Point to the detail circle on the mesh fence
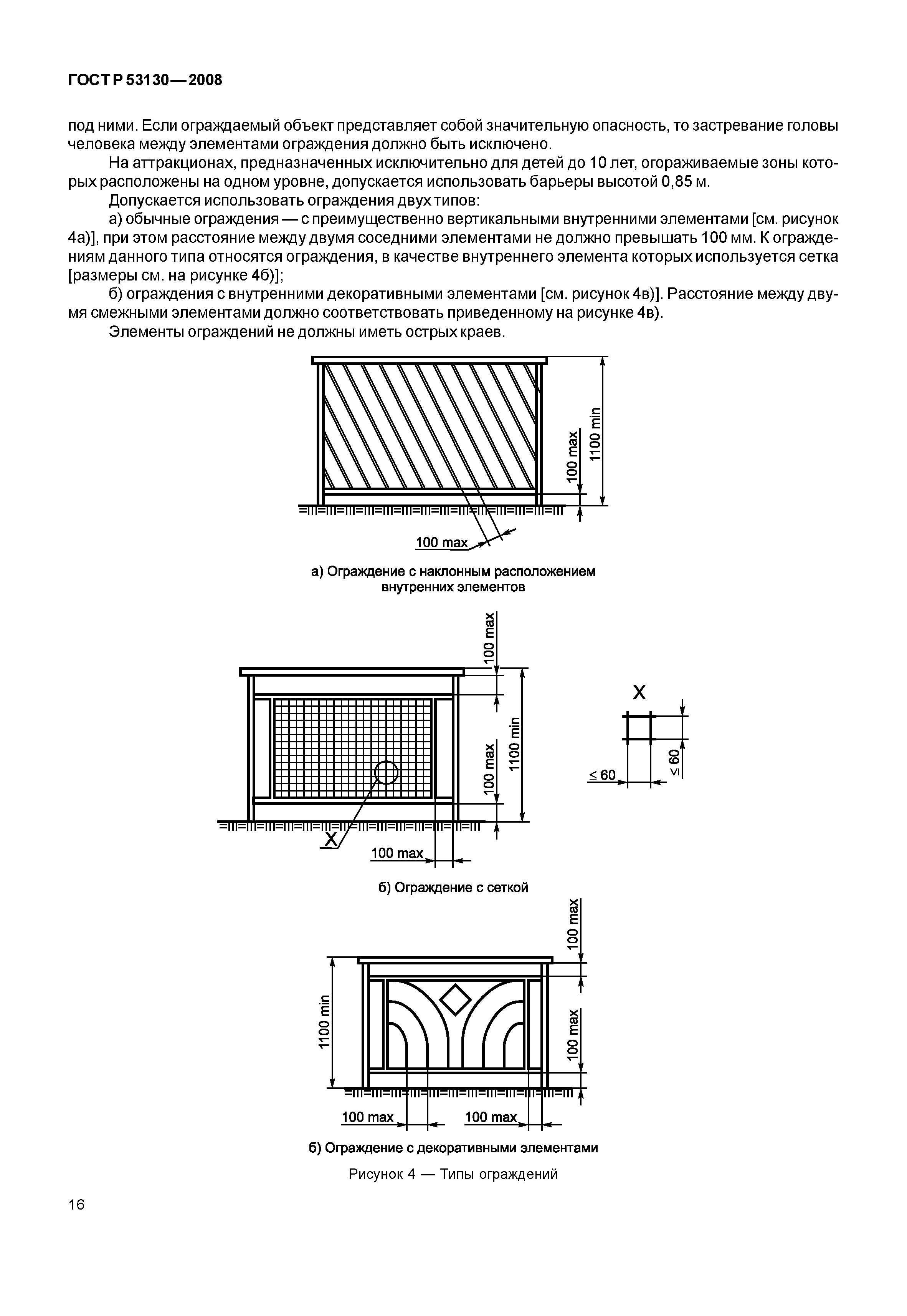(387, 772)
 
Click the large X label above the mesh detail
(639, 693)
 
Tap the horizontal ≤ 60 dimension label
(602, 775)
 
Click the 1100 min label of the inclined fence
(595, 435)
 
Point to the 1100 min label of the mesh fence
(514, 744)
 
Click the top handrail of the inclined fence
(430, 360)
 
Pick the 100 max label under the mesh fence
(397, 853)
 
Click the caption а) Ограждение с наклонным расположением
(453, 571)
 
